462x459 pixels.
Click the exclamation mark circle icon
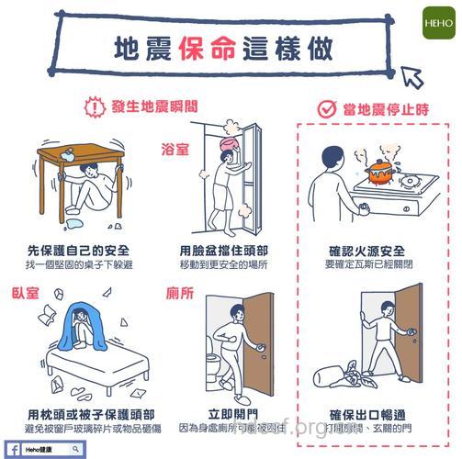coord(93,106)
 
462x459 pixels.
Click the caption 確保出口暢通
coord(366,412)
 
